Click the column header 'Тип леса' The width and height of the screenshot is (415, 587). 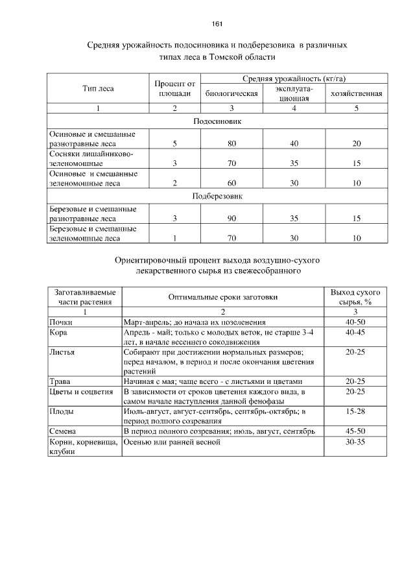98,88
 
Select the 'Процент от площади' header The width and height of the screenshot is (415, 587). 174,88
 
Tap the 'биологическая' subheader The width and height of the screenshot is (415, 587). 231,93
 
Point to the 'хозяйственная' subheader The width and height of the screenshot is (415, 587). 356,93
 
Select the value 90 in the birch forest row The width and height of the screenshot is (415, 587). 231,219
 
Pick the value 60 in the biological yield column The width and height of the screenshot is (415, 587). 231,183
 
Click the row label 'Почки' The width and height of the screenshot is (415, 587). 61,322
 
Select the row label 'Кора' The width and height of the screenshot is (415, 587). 58,332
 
